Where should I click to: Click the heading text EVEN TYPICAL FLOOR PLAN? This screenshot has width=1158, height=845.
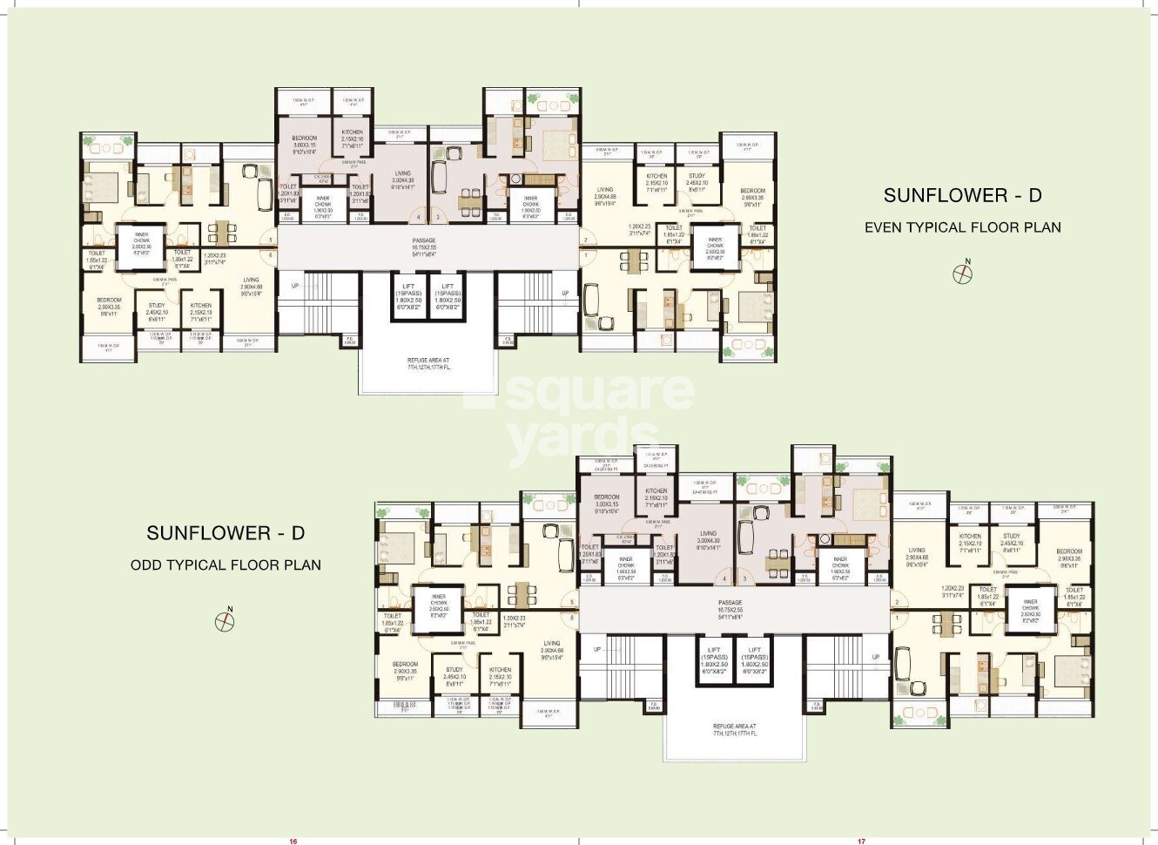[962, 227]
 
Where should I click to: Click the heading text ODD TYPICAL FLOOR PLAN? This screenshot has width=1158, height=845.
[226, 564]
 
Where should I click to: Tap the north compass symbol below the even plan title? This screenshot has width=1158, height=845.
[962, 274]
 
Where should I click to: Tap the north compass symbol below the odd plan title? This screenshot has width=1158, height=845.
[225, 621]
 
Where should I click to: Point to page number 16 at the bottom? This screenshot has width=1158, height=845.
[293, 841]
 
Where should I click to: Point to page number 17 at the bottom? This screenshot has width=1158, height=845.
[860, 841]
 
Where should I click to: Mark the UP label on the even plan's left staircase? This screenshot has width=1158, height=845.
[294, 285]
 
